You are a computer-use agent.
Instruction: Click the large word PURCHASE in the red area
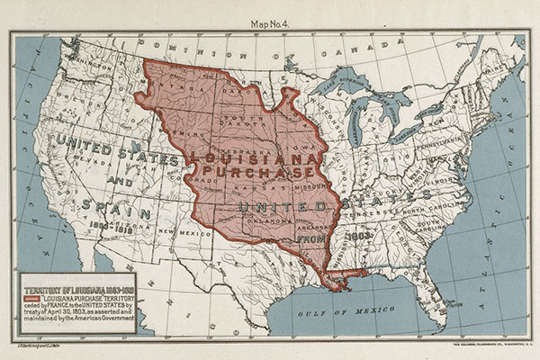coord(258,170)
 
